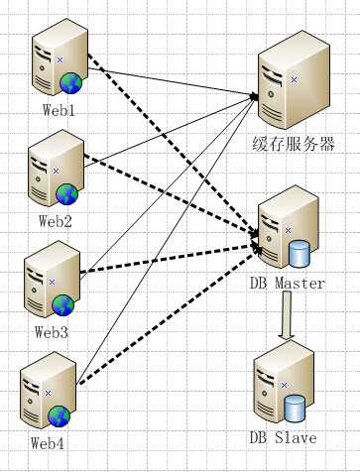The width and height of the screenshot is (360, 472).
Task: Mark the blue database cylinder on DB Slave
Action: pyautogui.click(x=295, y=407)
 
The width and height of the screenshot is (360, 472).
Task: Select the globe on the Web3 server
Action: pyautogui.click(x=63, y=305)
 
